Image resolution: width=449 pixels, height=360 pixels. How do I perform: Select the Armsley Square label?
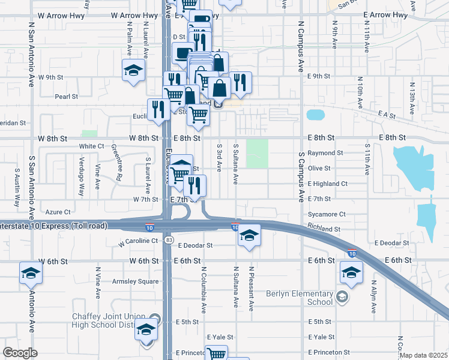point(139,281)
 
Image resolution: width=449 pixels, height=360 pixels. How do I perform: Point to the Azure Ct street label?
point(58,212)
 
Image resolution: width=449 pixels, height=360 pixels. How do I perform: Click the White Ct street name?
point(91,146)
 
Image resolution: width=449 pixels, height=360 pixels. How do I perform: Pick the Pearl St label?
point(67,96)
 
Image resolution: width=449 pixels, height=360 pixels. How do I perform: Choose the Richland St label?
point(324,229)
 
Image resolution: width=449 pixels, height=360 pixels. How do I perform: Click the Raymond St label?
point(325,153)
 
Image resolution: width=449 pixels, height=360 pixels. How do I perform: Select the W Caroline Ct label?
point(138,241)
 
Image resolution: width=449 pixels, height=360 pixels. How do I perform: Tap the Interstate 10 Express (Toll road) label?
point(54,226)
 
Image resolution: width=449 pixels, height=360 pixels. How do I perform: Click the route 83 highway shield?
point(170,239)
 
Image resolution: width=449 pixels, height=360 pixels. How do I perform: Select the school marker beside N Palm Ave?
point(133,70)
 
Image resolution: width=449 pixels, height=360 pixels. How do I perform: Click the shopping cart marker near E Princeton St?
point(216,354)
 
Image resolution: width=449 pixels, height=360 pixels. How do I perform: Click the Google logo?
point(20,353)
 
